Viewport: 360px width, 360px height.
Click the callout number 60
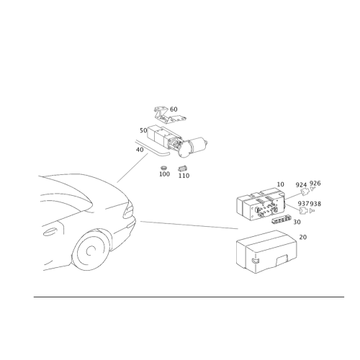coord(174,109)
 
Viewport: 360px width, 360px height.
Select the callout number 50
coord(143,130)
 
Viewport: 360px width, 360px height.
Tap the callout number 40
coord(140,150)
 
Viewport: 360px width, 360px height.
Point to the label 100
coord(164,174)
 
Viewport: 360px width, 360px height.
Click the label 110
coord(184,176)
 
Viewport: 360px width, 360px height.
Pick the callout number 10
coord(280,184)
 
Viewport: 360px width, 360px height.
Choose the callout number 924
coord(301,185)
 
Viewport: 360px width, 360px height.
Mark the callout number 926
coord(315,184)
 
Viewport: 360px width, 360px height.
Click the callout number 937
coord(304,204)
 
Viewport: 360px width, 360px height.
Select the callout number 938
coord(315,204)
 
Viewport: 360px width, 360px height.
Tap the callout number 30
coord(297,222)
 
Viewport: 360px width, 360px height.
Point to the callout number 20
coord(303,237)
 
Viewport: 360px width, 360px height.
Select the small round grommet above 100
coord(164,167)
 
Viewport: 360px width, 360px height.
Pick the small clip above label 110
coord(183,168)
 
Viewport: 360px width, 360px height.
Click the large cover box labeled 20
coord(266,251)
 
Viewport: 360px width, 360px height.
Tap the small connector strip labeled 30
coord(281,220)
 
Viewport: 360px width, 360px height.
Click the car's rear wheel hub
coord(91,251)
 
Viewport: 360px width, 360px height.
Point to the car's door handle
coord(50,233)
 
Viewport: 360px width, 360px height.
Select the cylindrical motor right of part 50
coord(196,146)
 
